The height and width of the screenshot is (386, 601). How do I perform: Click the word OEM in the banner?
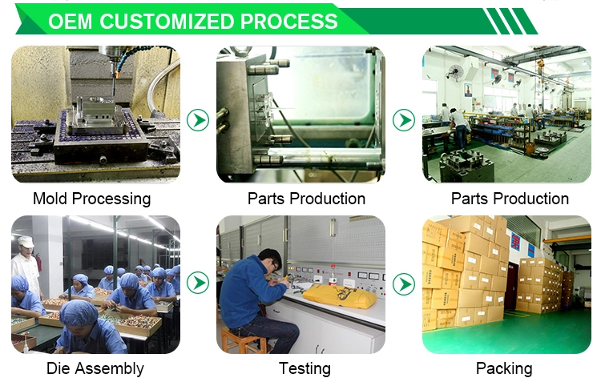tap(71, 22)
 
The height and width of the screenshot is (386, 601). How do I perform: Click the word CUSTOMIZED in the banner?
tap(167, 22)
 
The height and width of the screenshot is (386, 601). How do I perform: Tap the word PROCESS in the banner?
tap(289, 22)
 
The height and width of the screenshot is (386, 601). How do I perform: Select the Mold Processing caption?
tap(92, 199)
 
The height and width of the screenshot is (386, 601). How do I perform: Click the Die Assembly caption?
tap(95, 368)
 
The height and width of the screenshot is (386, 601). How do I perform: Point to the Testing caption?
tap(305, 368)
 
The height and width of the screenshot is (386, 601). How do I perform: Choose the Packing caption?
tap(504, 368)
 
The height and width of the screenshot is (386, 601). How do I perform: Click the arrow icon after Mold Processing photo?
tap(198, 120)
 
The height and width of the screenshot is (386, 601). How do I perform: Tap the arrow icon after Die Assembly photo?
tap(198, 283)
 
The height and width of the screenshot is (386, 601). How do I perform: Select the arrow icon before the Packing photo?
tap(404, 283)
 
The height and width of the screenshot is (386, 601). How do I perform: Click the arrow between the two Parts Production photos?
tap(404, 120)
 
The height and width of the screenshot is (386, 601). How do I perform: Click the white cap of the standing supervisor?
tap(26, 241)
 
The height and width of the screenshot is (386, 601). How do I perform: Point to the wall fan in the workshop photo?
tap(454, 72)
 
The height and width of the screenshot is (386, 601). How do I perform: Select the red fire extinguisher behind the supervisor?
tap(38, 261)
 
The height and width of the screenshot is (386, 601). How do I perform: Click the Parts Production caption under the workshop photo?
tap(510, 199)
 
